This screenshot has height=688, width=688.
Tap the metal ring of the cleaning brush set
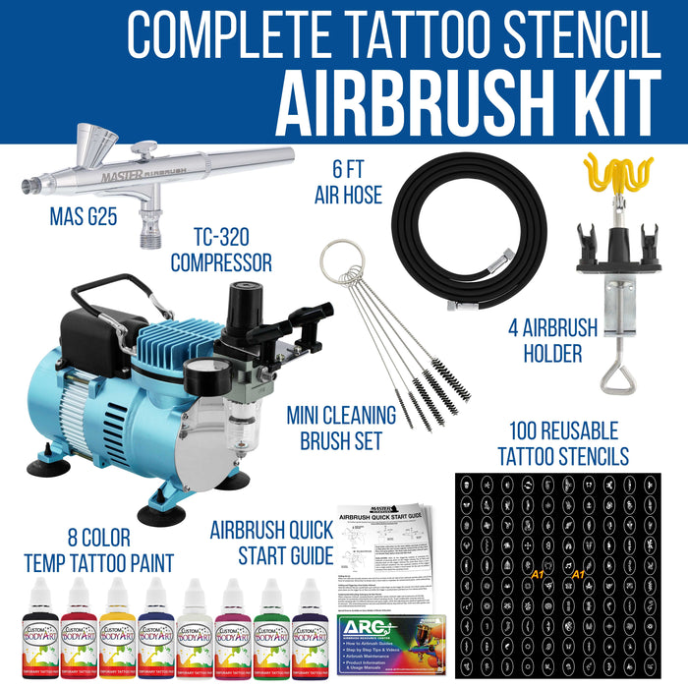(x=335, y=269)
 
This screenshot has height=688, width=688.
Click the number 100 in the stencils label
(x=532, y=430)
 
